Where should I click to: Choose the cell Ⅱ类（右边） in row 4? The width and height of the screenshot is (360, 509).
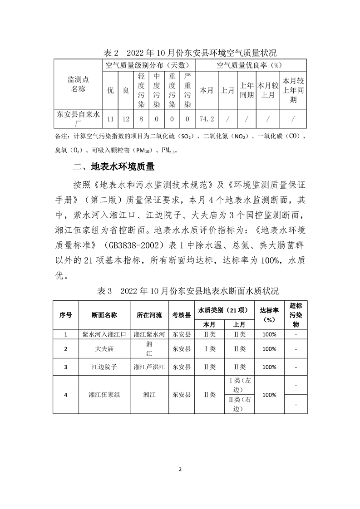pos(239,404)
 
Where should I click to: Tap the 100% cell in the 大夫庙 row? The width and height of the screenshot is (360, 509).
pos(269,349)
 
